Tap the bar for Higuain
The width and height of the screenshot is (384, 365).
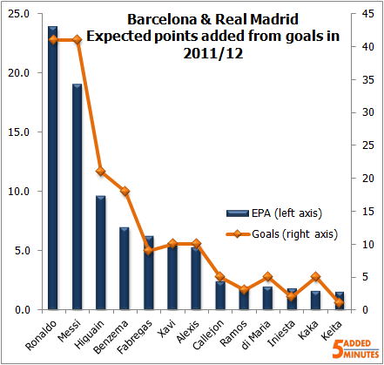101,253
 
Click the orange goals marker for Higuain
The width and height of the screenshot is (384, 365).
101,172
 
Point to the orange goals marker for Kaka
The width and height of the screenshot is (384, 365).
317,277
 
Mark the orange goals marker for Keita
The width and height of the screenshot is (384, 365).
340,303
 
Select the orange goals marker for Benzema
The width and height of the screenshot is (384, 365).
125,191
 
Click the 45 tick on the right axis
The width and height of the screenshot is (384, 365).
369,14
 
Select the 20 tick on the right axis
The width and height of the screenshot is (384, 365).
369,179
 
